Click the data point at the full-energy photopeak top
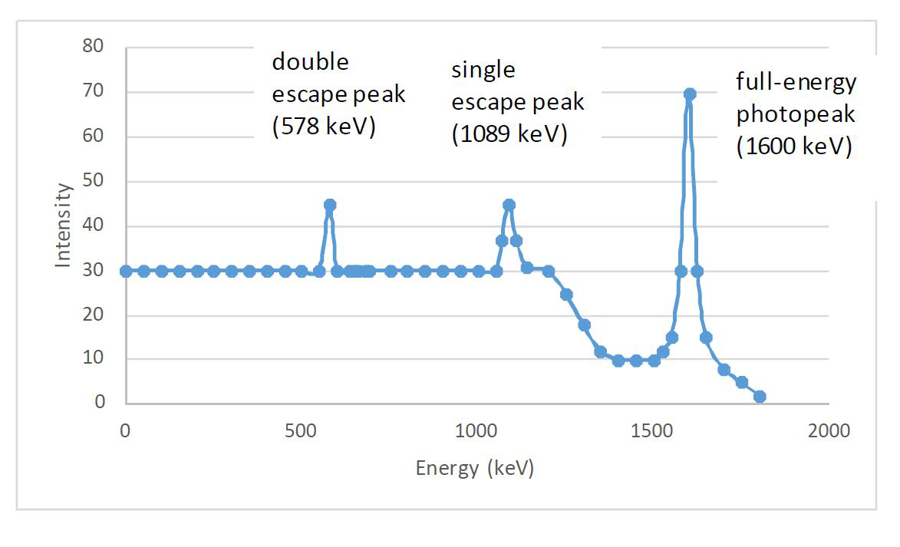[690, 94]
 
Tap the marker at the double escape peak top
[330, 205]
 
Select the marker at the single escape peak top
[509, 205]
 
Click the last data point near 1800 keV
[760, 397]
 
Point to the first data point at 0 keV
[126, 271]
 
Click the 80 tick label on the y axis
[93, 47]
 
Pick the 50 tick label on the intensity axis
[93, 182]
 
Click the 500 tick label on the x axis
[302, 431]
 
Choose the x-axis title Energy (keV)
[475, 468]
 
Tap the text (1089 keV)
[509, 135]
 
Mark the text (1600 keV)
[794, 147]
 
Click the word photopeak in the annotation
[796, 114]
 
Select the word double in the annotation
[310, 61]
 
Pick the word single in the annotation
[483, 70]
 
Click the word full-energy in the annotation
[796, 81]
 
